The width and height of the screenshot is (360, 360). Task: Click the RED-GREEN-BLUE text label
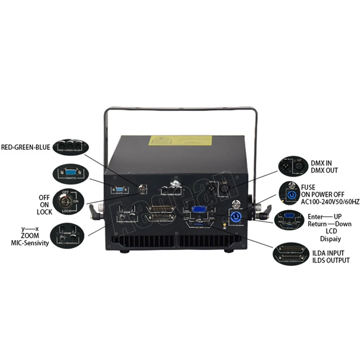(25, 147)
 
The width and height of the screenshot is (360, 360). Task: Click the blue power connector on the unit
(235, 217)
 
